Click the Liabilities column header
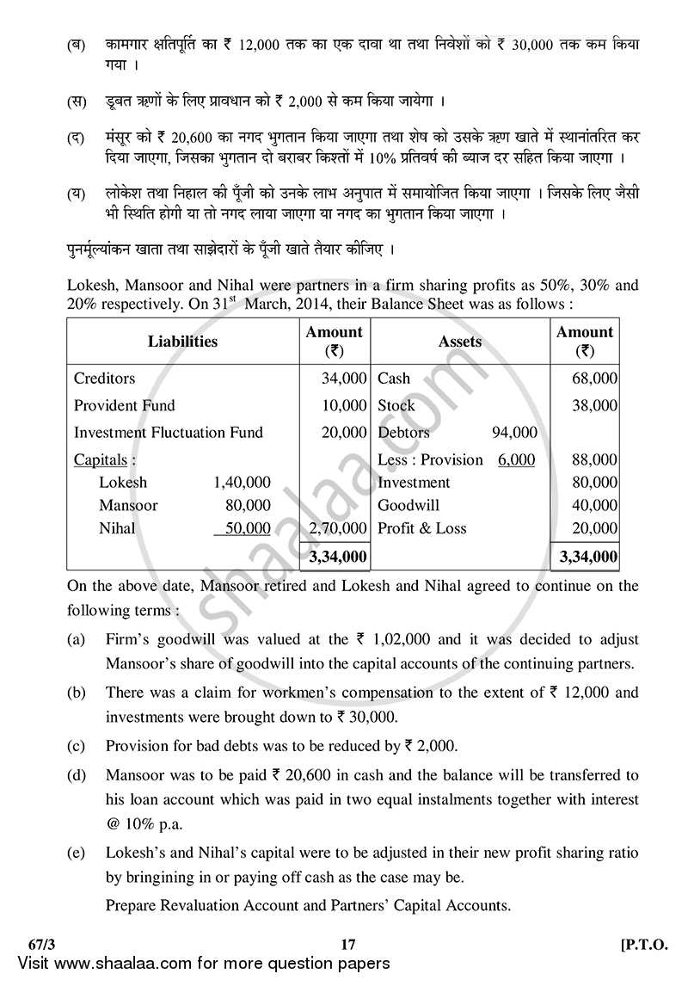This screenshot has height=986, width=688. coord(182,342)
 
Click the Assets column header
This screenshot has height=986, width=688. coord(459,342)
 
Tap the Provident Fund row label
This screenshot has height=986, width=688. coord(124,405)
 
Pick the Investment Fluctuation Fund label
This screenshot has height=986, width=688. coord(168,432)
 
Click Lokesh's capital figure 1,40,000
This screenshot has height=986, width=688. coord(241,483)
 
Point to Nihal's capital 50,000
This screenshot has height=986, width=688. coord(248,528)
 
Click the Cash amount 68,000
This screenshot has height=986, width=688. coord(595,379)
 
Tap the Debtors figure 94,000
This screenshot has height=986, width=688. coord(514,432)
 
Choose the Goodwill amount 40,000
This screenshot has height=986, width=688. coord(595,506)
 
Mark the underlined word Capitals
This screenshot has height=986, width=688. coord(100,459)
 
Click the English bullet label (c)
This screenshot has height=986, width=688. coord(76,746)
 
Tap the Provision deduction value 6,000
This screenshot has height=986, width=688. coord(516,459)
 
